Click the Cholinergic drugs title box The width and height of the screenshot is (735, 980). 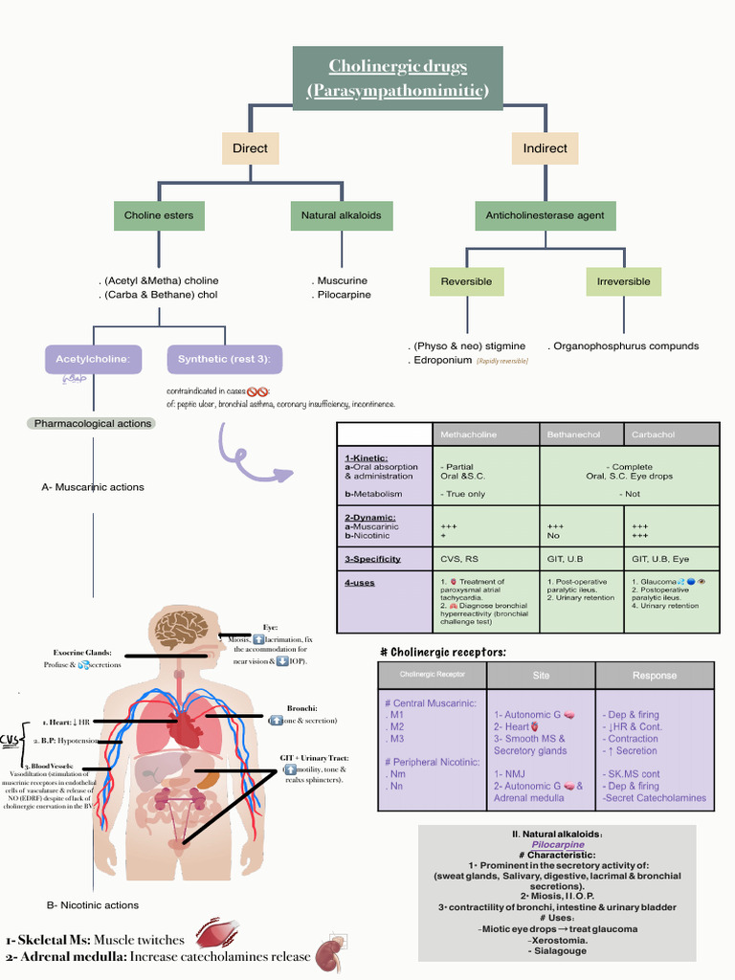tap(397, 78)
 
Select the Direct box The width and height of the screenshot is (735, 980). tap(250, 148)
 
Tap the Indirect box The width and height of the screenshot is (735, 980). tap(545, 148)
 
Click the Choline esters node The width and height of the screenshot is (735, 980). tap(159, 215)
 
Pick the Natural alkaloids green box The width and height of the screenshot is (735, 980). tap(341, 215)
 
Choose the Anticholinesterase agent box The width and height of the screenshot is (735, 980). tap(545, 215)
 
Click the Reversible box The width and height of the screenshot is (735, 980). tap(466, 281)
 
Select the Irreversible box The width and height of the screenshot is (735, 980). tap(623, 281)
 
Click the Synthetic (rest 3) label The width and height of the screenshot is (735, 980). tap(224, 360)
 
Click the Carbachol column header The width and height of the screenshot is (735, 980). tap(653, 434)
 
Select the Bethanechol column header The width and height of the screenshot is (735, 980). tap(573, 434)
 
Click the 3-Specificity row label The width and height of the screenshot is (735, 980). tap(372, 559)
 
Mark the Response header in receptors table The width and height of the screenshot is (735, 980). tap(654, 675)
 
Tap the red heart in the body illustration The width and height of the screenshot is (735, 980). tap(185, 729)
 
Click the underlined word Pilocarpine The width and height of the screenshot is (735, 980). tap(558, 845)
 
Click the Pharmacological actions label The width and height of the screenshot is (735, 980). tap(93, 423)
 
